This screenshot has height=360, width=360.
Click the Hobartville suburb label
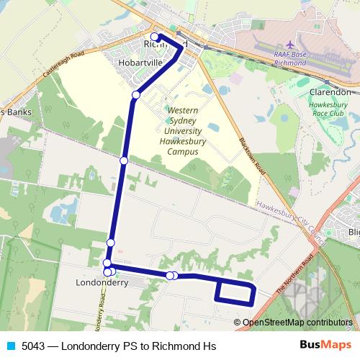[x=140, y=63]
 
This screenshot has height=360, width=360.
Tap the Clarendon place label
[x=330, y=92]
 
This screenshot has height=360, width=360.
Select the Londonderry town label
[x=102, y=283]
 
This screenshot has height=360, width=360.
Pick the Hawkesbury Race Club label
[x=333, y=109]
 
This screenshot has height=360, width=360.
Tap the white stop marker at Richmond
[x=155, y=36]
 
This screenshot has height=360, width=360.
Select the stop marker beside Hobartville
[x=136, y=95]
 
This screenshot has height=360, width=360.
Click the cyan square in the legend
[x=11, y=346]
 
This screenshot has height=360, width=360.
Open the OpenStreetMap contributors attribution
[x=297, y=322]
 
